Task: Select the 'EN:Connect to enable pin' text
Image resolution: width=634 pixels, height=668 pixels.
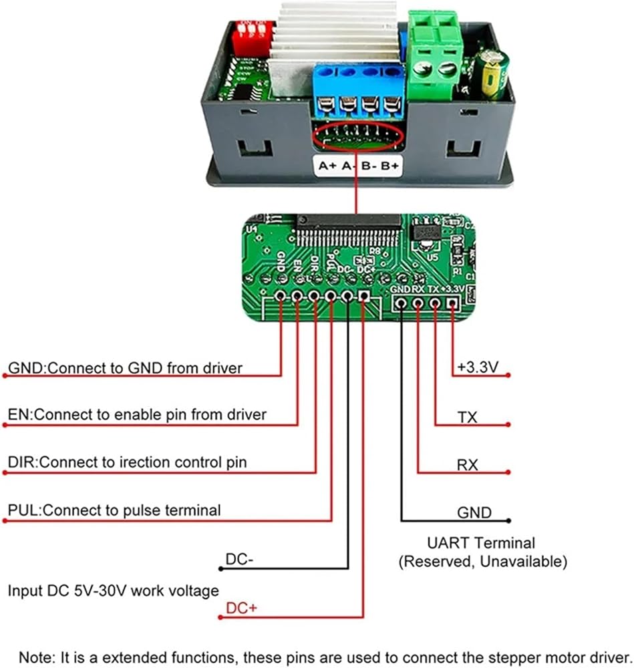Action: [x=137, y=415]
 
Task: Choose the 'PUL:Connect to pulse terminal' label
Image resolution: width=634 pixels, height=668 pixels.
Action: [x=114, y=510]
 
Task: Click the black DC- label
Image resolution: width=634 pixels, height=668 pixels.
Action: [x=239, y=559]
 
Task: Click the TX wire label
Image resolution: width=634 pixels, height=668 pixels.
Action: [x=468, y=417]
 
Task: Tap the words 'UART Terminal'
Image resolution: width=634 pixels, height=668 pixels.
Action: [x=481, y=543]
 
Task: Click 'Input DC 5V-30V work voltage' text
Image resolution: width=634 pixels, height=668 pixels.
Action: [x=113, y=591]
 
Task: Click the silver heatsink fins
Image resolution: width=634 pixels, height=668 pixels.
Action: [x=334, y=33]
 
